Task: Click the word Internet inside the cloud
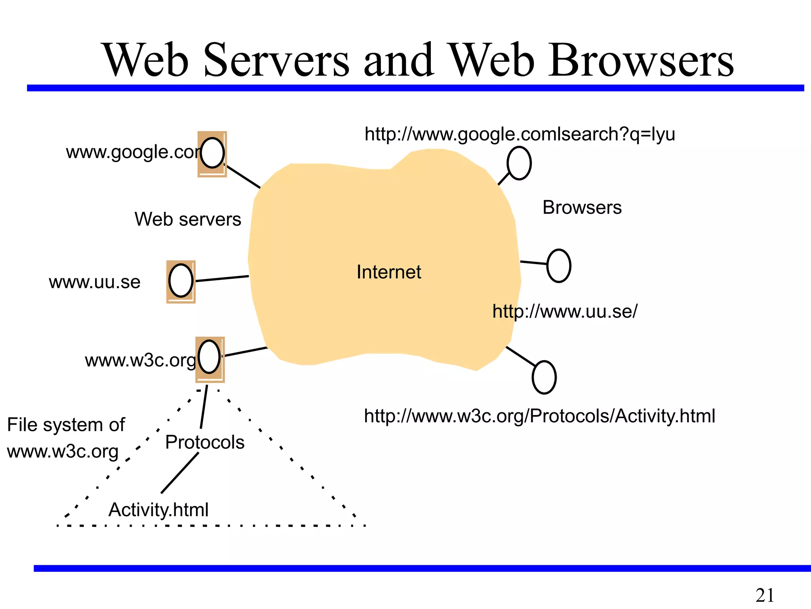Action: click(388, 272)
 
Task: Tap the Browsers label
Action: click(582, 208)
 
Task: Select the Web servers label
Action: click(188, 219)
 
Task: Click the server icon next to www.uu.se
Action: click(181, 281)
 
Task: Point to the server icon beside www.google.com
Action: click(212, 153)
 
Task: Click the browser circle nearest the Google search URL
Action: click(519, 163)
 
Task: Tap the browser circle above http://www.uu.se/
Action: click(558, 266)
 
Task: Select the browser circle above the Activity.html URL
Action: click(544, 377)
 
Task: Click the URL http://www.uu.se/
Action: click(565, 312)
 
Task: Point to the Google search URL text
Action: click(520, 134)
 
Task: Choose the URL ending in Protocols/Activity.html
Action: click(539, 416)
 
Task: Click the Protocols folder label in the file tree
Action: click(205, 442)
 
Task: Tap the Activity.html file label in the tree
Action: click(158, 510)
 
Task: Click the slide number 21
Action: click(765, 595)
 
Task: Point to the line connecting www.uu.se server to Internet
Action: click(222, 278)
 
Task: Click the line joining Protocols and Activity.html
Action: click(180, 473)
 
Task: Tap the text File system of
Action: click(66, 425)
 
